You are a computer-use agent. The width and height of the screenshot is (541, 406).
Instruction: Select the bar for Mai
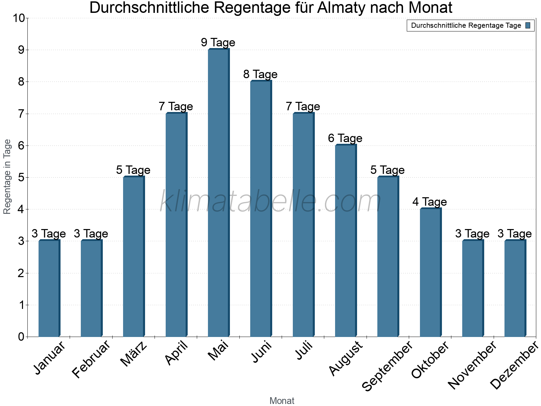pos(218,193)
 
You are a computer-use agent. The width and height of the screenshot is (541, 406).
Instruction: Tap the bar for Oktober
pos(430,272)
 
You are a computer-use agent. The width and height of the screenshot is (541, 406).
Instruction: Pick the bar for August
pos(346,241)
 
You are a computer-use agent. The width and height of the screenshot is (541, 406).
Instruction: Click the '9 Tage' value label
pos(218,43)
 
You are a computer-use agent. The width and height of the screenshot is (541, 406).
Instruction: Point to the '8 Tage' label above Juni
pos(260,74)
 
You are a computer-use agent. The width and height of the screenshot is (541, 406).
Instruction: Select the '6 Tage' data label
pos(345,138)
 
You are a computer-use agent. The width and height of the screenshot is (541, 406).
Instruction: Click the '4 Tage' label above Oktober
pos(430,202)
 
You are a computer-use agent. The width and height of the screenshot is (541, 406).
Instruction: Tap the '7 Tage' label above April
pos(176,107)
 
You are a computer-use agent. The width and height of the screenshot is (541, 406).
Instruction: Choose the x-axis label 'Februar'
pos(91,359)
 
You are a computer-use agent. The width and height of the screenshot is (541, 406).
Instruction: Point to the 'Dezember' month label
pos(514,365)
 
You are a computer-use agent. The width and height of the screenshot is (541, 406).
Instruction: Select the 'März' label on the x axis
pos(134,354)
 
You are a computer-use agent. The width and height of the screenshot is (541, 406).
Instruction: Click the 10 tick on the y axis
pos(19,18)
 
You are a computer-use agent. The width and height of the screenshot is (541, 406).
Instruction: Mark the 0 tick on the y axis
pos(21,337)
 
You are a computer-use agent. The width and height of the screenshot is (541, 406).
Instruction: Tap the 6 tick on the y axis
pos(21,146)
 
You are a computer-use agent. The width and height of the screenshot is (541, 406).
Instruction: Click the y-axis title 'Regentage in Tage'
pos(7,177)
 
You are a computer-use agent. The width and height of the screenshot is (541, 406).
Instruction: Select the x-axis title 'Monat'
pos(282,401)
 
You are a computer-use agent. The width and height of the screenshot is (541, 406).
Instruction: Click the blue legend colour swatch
pos(528,25)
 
